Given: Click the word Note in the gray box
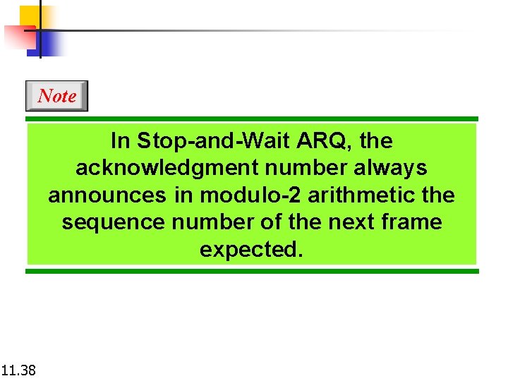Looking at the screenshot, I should pyautogui.click(x=57, y=96).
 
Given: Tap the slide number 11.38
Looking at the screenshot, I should pyautogui.click(x=19, y=369).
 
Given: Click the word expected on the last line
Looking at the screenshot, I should pyautogui.click(x=250, y=250).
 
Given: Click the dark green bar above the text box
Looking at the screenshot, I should pyautogui.click(x=252, y=119).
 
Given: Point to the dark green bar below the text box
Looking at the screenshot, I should pyautogui.click(x=252, y=271).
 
